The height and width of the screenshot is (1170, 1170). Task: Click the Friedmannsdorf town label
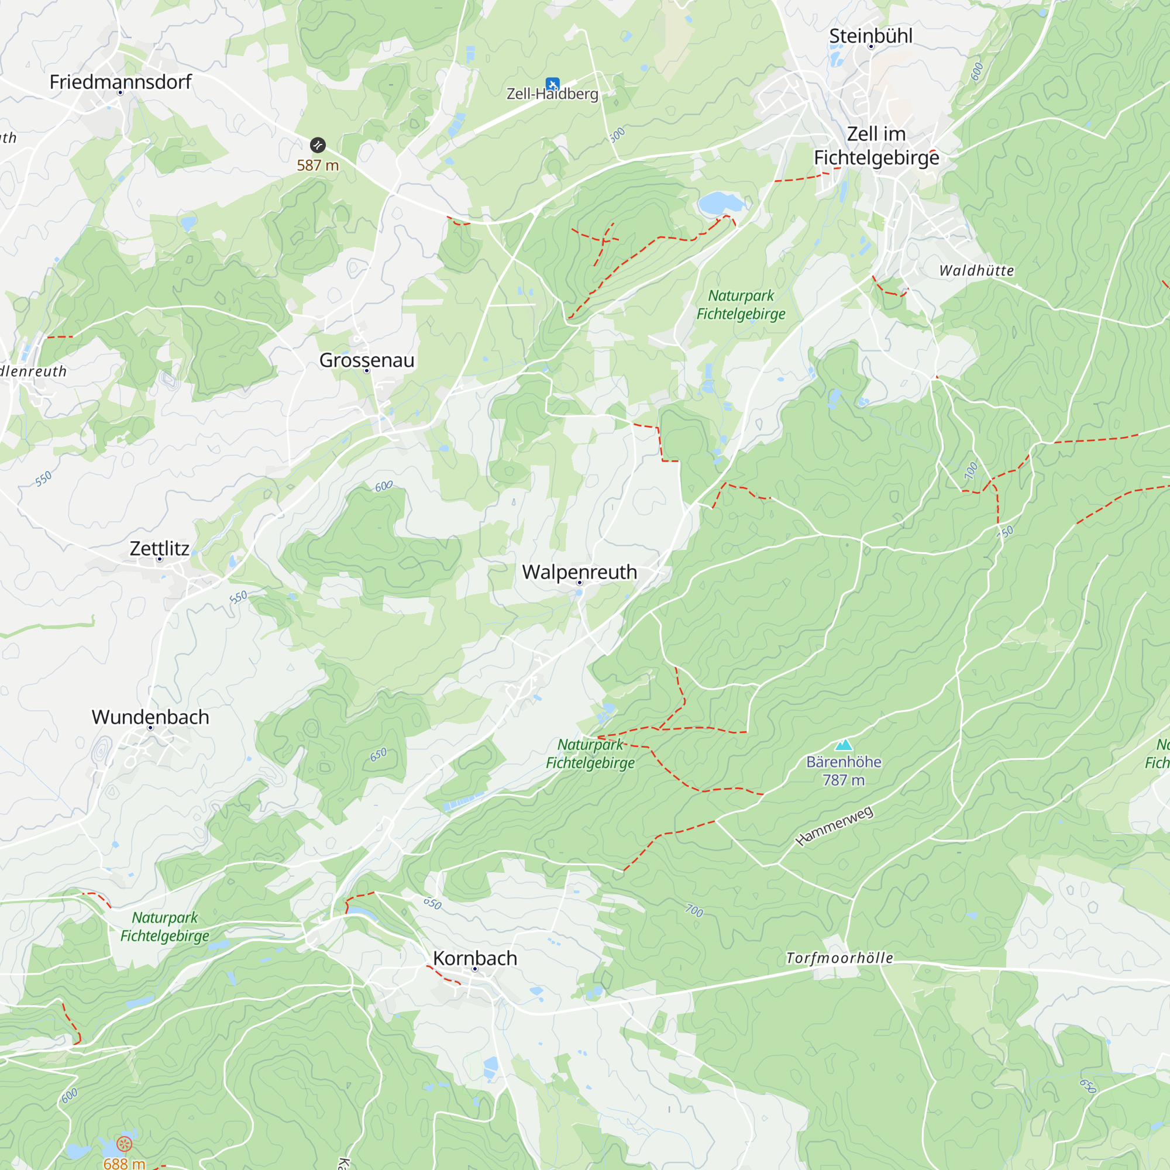coord(121,82)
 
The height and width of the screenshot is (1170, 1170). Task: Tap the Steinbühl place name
coord(871,36)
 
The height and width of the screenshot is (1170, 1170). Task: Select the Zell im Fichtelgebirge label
coord(876,146)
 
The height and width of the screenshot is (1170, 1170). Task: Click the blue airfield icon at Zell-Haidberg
coord(552,84)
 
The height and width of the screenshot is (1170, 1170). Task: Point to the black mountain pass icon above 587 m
coord(318,144)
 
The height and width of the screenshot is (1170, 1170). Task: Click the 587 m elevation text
coord(318,166)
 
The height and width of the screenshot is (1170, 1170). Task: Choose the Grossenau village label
coord(367,360)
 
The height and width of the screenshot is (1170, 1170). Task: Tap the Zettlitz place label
coord(160,548)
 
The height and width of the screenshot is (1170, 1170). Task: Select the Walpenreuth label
coord(580,572)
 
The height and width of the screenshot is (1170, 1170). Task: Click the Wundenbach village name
coord(151,717)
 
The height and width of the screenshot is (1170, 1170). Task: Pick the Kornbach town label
coord(476,958)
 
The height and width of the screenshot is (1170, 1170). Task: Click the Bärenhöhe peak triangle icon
coord(844,745)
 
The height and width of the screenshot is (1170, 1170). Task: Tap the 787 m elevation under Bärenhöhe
coord(844,780)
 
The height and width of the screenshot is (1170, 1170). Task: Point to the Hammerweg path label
coord(835,826)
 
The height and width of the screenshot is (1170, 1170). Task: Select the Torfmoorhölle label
coord(839,958)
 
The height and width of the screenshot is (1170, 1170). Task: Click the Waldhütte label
coord(976,271)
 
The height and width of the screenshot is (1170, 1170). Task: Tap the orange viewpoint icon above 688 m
coord(124,1144)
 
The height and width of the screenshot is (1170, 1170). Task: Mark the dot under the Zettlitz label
coord(160,559)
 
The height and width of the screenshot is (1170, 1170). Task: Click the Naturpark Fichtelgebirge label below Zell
coord(741,305)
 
